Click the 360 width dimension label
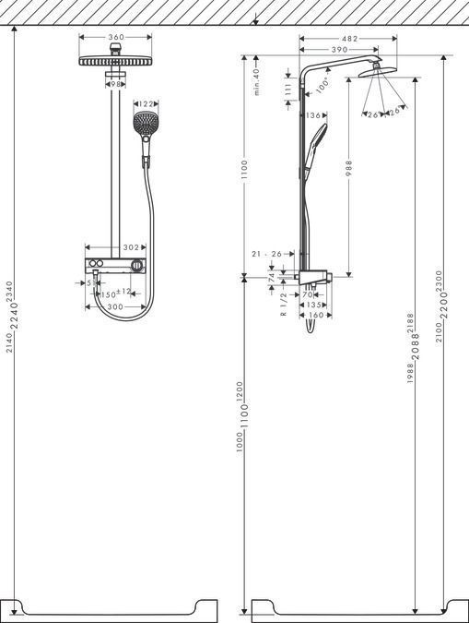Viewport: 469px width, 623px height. point(115,38)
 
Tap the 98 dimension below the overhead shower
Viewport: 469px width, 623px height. point(115,84)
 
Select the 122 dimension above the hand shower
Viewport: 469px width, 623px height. point(146,104)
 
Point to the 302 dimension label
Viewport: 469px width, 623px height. point(131,247)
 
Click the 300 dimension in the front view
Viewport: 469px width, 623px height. point(114,306)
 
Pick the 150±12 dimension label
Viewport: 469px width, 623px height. point(117,293)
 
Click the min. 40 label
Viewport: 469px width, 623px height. point(258,81)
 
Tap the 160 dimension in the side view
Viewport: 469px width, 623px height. point(313,315)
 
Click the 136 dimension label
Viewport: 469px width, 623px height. point(313,115)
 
